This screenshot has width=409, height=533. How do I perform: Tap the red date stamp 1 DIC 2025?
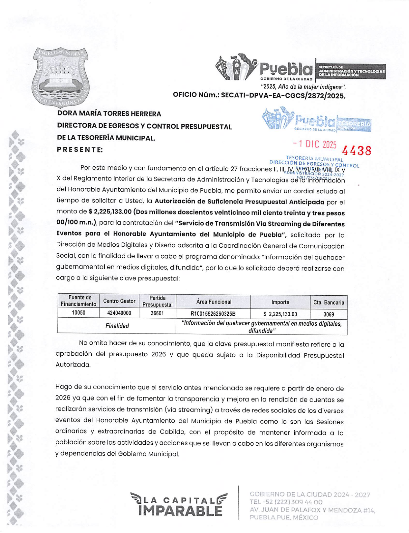tap(315, 144)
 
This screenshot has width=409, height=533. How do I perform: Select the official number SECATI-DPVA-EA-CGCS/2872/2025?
tap(283, 95)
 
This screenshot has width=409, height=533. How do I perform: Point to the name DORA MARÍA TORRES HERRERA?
tap(109, 114)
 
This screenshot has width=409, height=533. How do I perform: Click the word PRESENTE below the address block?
tap(80, 150)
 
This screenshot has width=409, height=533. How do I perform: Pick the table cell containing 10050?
tap(78, 313)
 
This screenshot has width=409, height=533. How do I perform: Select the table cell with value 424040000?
tap(119, 313)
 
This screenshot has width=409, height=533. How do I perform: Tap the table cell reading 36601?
tap(157, 313)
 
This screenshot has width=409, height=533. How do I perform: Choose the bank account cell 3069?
tap(328, 314)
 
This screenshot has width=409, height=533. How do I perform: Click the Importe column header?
tap(280, 302)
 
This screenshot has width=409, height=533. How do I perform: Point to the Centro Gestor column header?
tap(119, 301)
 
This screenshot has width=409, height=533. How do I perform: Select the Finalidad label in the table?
tap(117, 326)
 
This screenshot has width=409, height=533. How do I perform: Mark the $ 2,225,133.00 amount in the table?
tap(280, 314)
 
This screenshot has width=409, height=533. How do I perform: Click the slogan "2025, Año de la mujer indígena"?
tap(303, 87)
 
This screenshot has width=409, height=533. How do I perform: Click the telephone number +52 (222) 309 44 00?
tap(286, 502)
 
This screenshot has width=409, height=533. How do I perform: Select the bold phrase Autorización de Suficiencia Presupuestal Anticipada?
tap(239, 202)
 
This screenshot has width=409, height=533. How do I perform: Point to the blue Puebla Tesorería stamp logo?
tap(316, 120)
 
